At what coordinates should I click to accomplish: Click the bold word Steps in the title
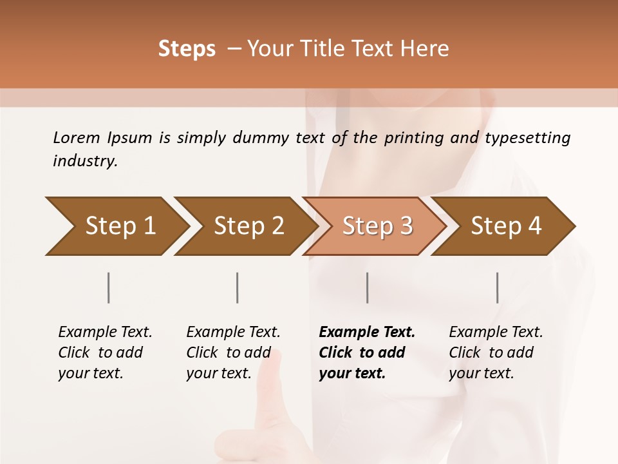pyautogui.click(x=187, y=49)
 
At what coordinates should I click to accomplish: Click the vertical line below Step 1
pyautogui.click(x=109, y=287)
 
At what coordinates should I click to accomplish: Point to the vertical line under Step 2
pyautogui.click(x=238, y=287)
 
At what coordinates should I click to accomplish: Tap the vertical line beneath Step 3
pyautogui.click(x=368, y=287)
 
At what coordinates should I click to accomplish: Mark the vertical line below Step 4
pyautogui.click(x=498, y=287)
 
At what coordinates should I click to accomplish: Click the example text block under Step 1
pyautogui.click(x=105, y=353)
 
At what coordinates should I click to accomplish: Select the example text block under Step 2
pyautogui.click(x=233, y=353)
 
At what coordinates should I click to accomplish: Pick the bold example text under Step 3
pyautogui.click(x=367, y=353)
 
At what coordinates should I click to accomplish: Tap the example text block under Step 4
pyautogui.click(x=496, y=353)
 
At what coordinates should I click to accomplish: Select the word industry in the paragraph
pyautogui.click(x=85, y=161)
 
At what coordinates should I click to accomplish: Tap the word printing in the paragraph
pyautogui.click(x=412, y=138)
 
